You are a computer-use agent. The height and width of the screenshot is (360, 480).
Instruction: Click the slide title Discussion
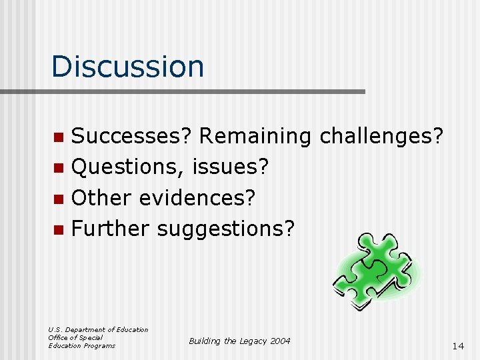click(127, 66)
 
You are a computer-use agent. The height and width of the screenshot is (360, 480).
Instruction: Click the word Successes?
click(131, 136)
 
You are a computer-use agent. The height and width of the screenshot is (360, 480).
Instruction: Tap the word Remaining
click(255, 136)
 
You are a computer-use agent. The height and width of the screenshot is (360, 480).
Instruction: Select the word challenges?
click(381, 136)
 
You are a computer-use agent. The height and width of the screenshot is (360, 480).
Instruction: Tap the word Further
click(110, 228)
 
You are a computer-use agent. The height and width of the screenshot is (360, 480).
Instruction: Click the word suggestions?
click(225, 228)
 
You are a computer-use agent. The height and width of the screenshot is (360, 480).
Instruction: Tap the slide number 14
click(457, 346)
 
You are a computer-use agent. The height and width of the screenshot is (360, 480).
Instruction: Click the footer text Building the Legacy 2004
click(239, 341)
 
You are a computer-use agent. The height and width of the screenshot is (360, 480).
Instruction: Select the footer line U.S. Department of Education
click(98, 329)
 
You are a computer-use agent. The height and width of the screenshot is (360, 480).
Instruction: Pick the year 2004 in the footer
click(280, 341)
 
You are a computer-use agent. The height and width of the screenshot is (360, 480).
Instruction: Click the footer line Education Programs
click(81, 345)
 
